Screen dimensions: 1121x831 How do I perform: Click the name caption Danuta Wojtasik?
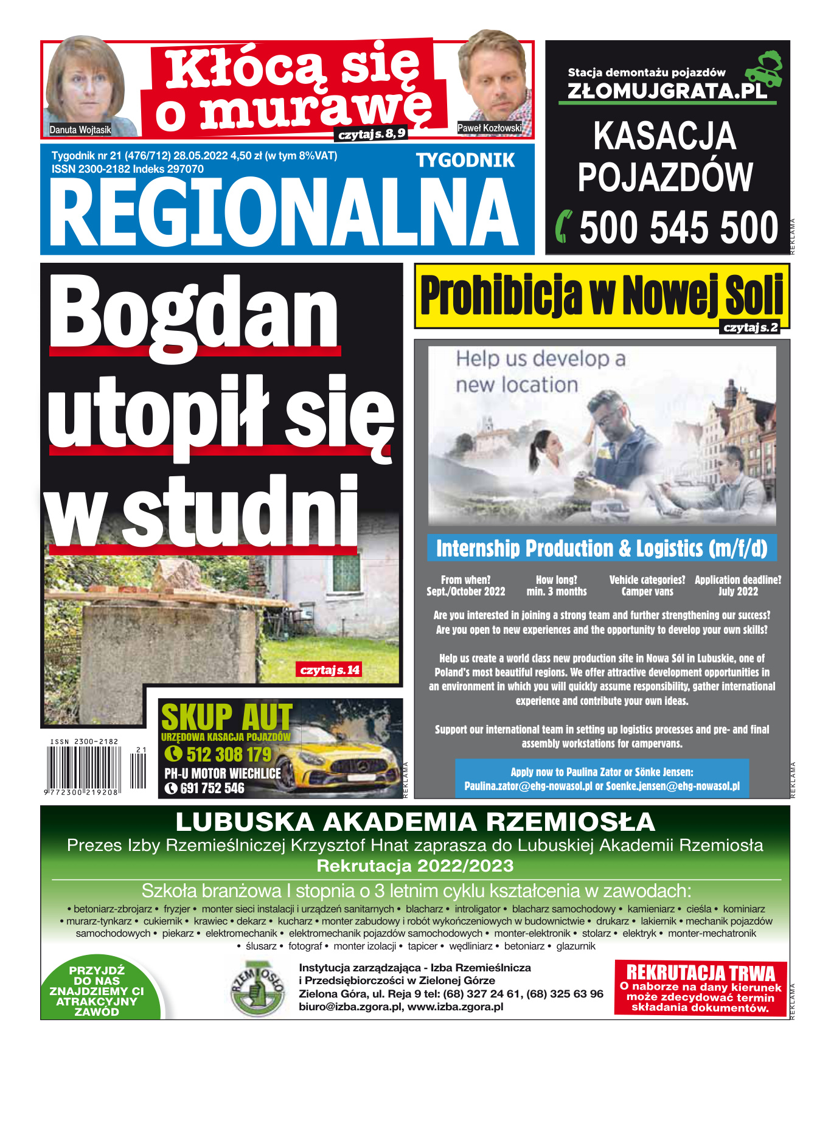pos(80,130)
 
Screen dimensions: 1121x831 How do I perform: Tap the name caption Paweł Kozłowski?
pos(489,128)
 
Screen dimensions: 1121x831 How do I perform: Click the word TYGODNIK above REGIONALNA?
pos(465,161)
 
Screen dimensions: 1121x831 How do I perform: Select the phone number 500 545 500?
pos(678,228)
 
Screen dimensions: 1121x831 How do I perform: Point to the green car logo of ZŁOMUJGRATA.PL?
pos(765,67)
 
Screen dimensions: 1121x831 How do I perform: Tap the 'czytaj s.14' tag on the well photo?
pos(330,670)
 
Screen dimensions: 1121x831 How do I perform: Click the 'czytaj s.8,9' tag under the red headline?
pos(372,134)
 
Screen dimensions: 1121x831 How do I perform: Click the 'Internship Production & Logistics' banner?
pos(601,548)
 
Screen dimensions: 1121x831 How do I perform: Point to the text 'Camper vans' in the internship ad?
pos(647,591)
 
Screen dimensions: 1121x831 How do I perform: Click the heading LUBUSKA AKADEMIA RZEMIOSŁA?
pos(415,822)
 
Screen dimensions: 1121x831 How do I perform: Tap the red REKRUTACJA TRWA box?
pos(700,988)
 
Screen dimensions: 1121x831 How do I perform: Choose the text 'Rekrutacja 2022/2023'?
pos(415,866)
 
